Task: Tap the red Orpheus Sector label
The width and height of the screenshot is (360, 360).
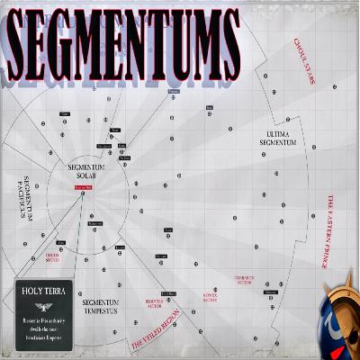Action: [x=63, y=256]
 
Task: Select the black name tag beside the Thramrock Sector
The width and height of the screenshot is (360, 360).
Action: [x=270, y=292]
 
